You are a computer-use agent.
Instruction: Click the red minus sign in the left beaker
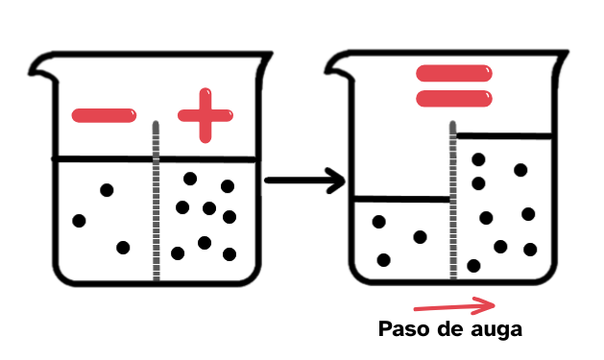[x=104, y=116]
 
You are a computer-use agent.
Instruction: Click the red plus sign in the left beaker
[x=205, y=115]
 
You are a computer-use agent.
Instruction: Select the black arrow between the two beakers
[x=303, y=180]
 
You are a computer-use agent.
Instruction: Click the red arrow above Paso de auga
[x=453, y=306]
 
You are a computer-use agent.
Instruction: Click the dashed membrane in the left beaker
[x=156, y=211]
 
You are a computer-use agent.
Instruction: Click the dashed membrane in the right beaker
[x=450, y=211]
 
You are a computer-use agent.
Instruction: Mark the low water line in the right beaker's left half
[x=401, y=200]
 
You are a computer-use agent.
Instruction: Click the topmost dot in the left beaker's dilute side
[x=108, y=190]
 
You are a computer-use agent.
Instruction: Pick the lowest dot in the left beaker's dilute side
[x=123, y=248]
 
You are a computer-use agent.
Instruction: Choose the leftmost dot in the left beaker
[x=79, y=221]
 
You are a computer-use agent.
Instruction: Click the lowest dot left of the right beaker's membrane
[x=384, y=260]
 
